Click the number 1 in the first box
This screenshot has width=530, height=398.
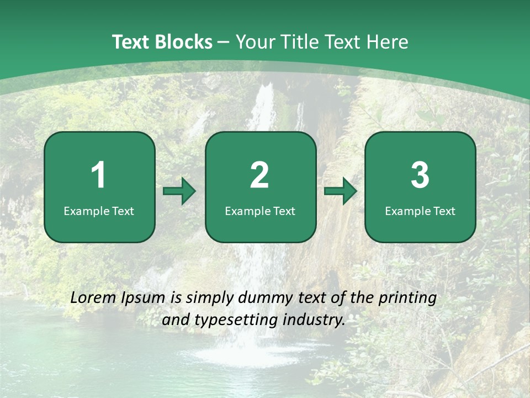pyautogui.click(x=98, y=175)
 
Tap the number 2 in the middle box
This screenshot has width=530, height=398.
pyautogui.click(x=259, y=175)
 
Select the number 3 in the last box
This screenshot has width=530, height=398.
pyautogui.click(x=420, y=175)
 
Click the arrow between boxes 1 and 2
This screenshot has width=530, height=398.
pyautogui.click(x=180, y=191)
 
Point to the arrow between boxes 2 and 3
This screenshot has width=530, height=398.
pyautogui.click(x=341, y=191)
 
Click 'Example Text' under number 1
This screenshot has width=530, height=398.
pyautogui.click(x=99, y=211)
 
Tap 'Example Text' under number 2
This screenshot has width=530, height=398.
pyautogui.click(x=260, y=211)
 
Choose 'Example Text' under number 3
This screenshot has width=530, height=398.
pyautogui.click(x=420, y=211)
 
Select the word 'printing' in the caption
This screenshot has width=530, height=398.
pyautogui.click(x=407, y=298)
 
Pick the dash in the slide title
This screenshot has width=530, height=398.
pyautogui.click(x=224, y=43)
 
